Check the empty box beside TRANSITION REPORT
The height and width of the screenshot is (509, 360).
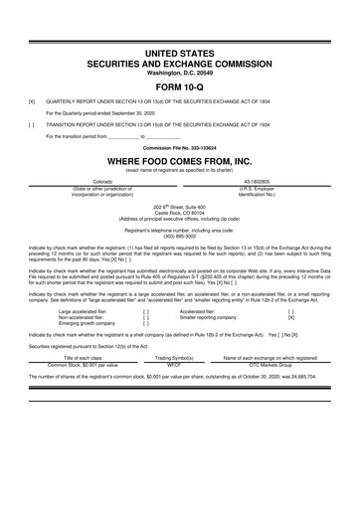point(33,125)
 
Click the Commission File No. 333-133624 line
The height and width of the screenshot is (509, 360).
point(180,148)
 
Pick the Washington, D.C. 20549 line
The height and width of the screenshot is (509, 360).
point(180,72)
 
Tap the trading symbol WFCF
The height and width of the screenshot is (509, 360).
point(181,364)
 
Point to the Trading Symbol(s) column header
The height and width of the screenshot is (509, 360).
point(181,357)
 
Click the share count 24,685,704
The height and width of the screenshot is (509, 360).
point(296,378)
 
